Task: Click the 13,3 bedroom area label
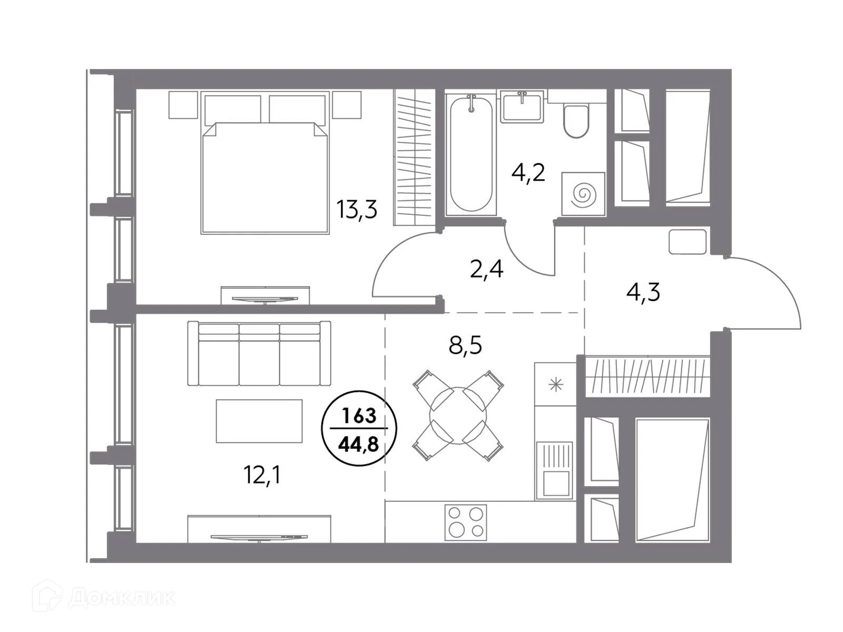click(357, 210)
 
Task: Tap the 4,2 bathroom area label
click(528, 172)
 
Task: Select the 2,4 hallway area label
click(486, 269)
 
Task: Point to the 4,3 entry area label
click(643, 292)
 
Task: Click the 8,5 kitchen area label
click(465, 345)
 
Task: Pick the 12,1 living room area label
click(262, 475)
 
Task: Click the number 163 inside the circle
click(359, 416)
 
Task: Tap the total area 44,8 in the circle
click(358, 445)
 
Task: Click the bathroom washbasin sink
click(522, 108)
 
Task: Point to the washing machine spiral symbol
click(583, 195)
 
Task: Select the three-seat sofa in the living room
click(259, 354)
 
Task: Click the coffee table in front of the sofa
click(259, 421)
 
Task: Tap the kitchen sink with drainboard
click(554, 469)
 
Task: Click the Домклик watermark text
click(121, 598)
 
